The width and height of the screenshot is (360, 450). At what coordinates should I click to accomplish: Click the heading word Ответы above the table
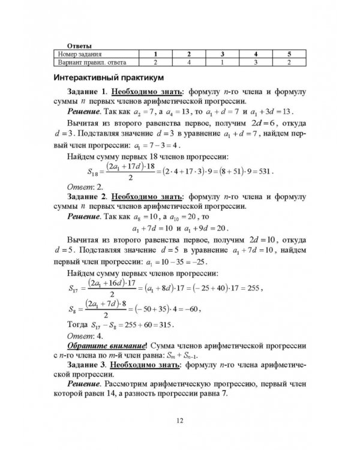[79, 45]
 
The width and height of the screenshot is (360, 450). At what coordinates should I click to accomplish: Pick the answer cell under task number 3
[222, 61]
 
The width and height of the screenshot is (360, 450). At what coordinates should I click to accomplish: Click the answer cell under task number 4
[256, 61]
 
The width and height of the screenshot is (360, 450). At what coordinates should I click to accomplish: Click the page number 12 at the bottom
[179, 422]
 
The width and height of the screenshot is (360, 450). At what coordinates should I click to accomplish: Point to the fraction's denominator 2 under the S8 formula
[106, 315]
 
